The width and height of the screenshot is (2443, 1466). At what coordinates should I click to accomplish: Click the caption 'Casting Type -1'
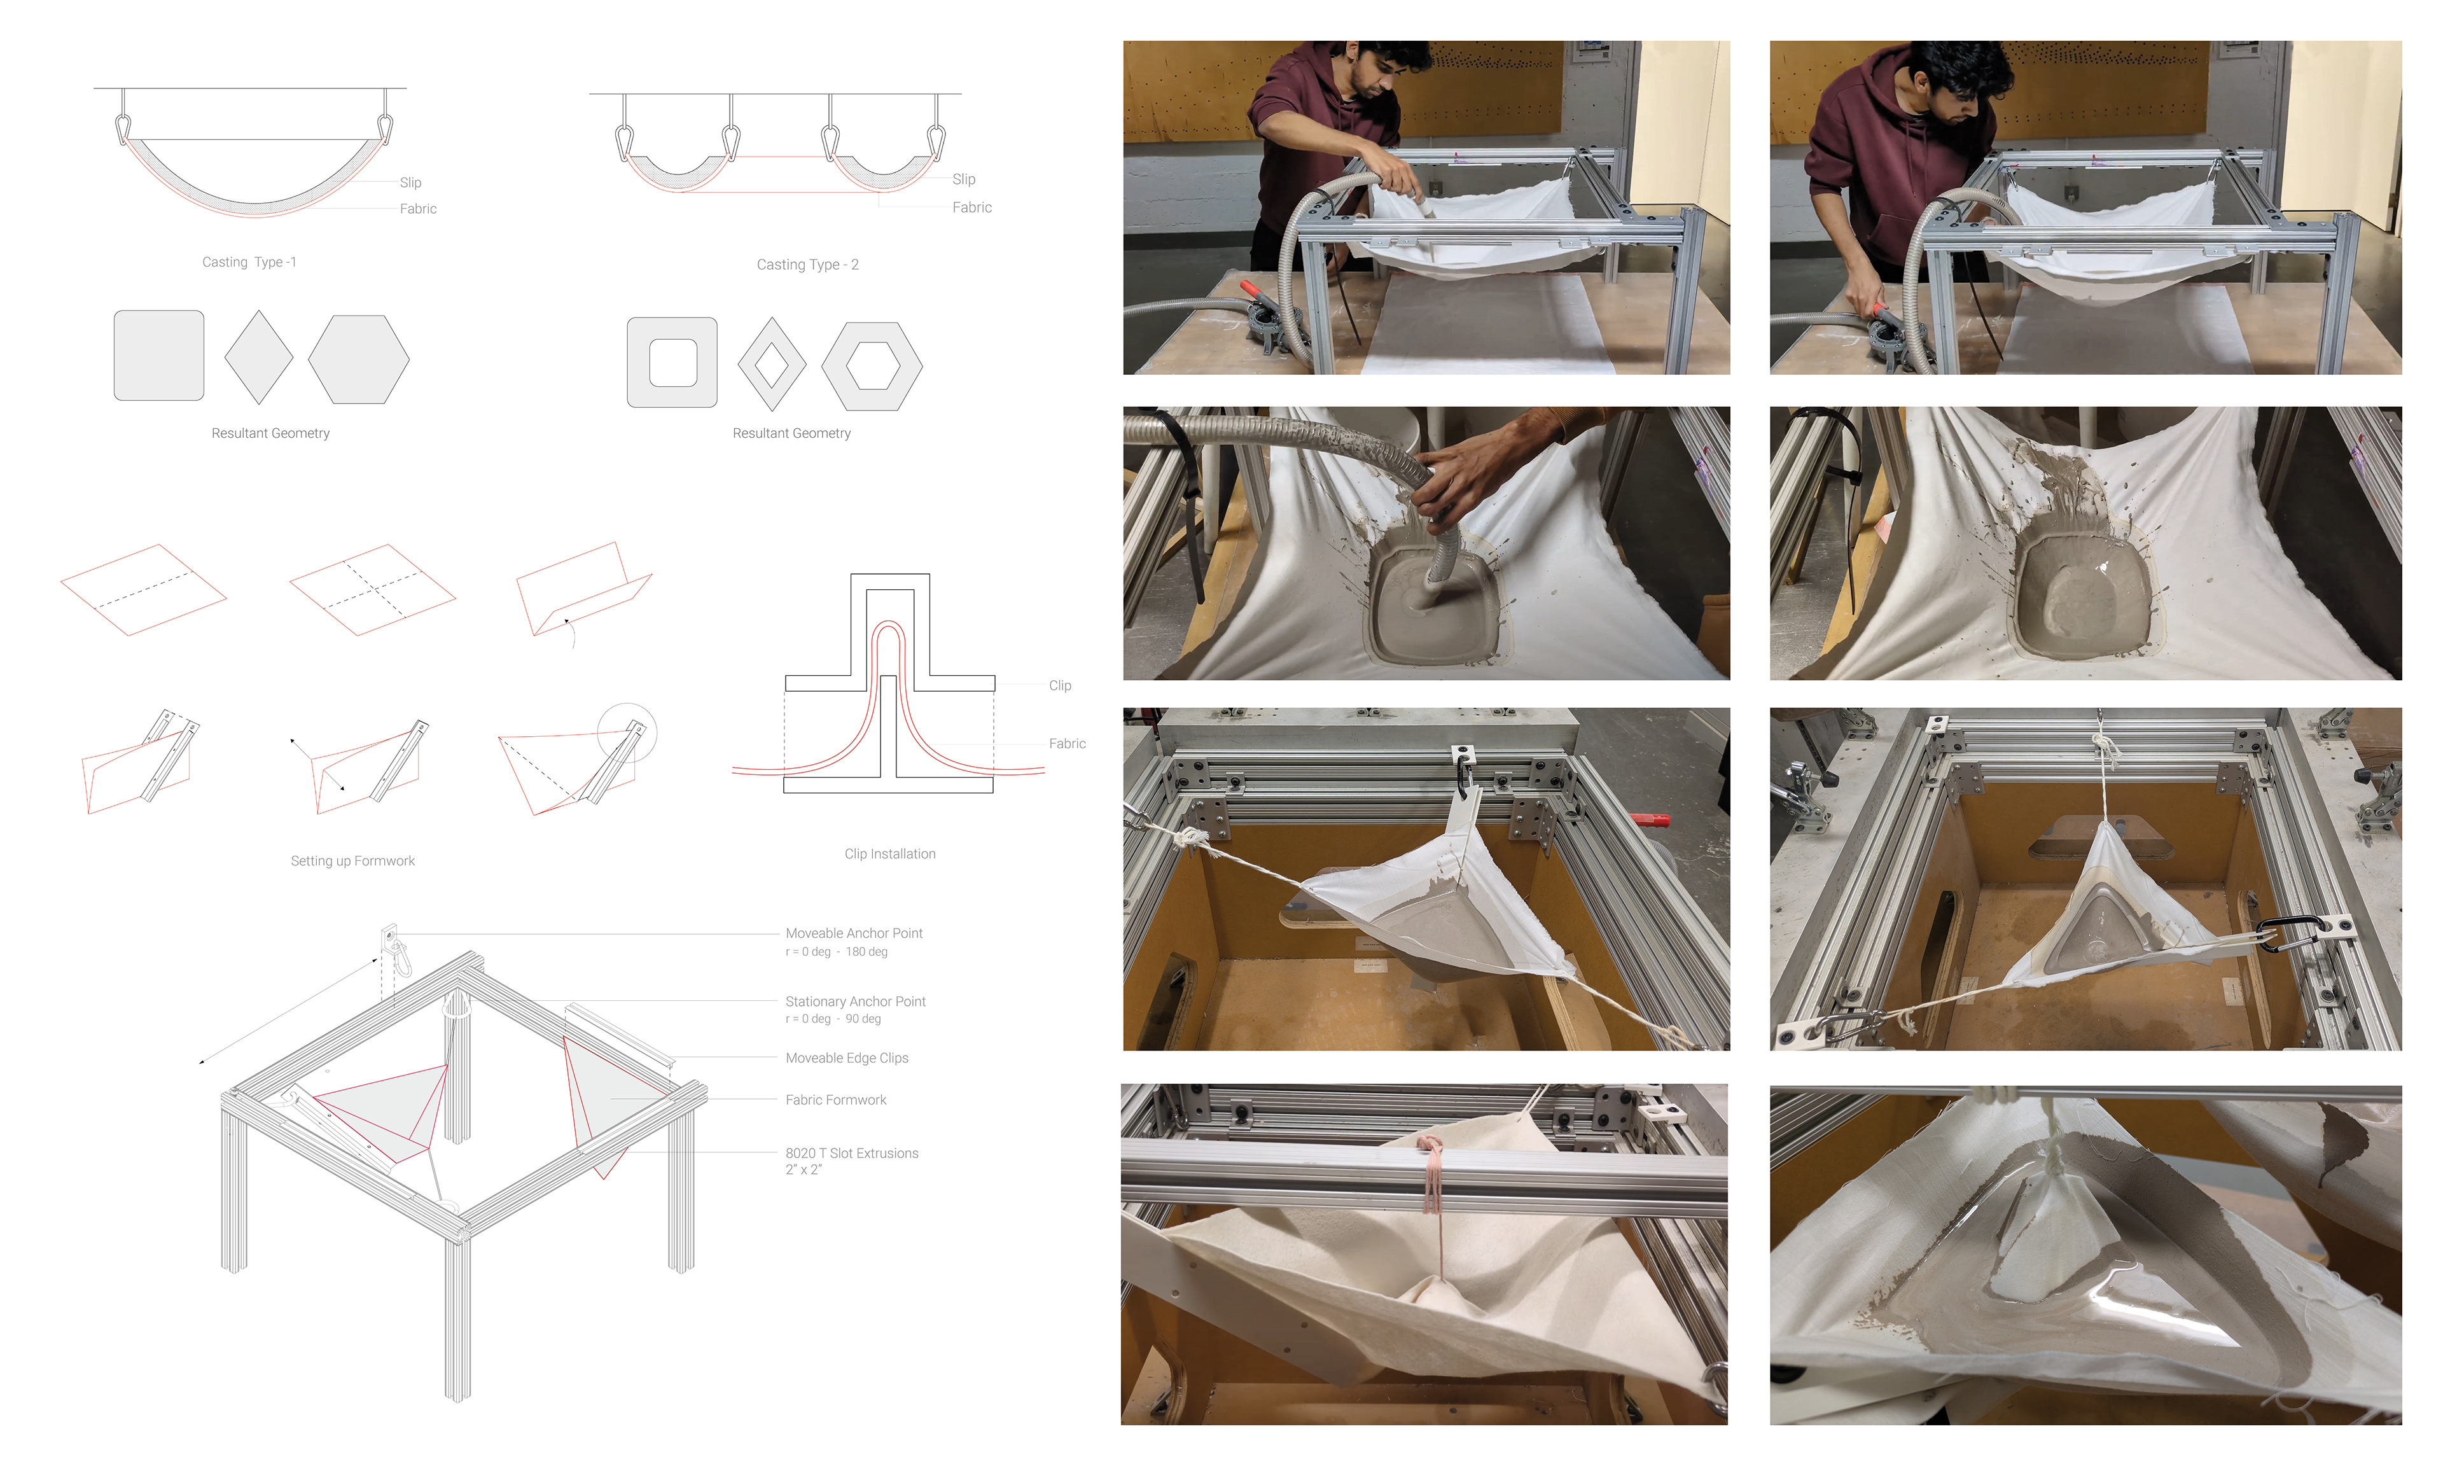249,262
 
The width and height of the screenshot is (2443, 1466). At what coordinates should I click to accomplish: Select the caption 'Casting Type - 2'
808,265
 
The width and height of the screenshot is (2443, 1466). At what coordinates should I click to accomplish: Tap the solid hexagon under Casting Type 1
358,360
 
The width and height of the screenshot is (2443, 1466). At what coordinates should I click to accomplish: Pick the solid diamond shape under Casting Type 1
259,358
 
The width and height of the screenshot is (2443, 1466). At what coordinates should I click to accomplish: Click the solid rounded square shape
159,356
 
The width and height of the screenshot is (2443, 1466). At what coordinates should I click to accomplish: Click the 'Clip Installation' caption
889,853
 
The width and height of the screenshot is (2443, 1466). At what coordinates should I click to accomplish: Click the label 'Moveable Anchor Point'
854,933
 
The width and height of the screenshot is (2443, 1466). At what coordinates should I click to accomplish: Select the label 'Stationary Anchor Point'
855,1002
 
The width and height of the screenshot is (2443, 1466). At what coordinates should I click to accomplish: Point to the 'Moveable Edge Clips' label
846,1058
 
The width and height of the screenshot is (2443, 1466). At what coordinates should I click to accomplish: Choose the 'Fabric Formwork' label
835,1099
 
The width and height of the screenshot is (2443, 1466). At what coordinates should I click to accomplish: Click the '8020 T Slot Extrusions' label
851,1153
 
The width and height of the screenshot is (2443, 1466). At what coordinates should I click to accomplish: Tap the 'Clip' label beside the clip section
1059,685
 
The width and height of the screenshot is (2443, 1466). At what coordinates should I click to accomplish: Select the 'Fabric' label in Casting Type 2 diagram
971,207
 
